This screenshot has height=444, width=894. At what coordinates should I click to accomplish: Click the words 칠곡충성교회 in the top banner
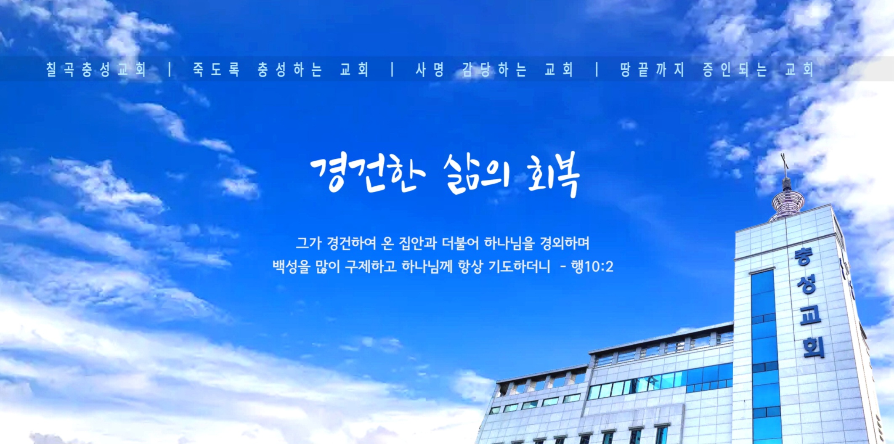[x=96, y=69]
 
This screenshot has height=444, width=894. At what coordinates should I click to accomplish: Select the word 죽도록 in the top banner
[x=216, y=69]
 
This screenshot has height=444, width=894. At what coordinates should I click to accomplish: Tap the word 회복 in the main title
[x=554, y=176]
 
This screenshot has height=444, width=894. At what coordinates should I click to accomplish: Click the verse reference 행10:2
[x=592, y=266]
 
